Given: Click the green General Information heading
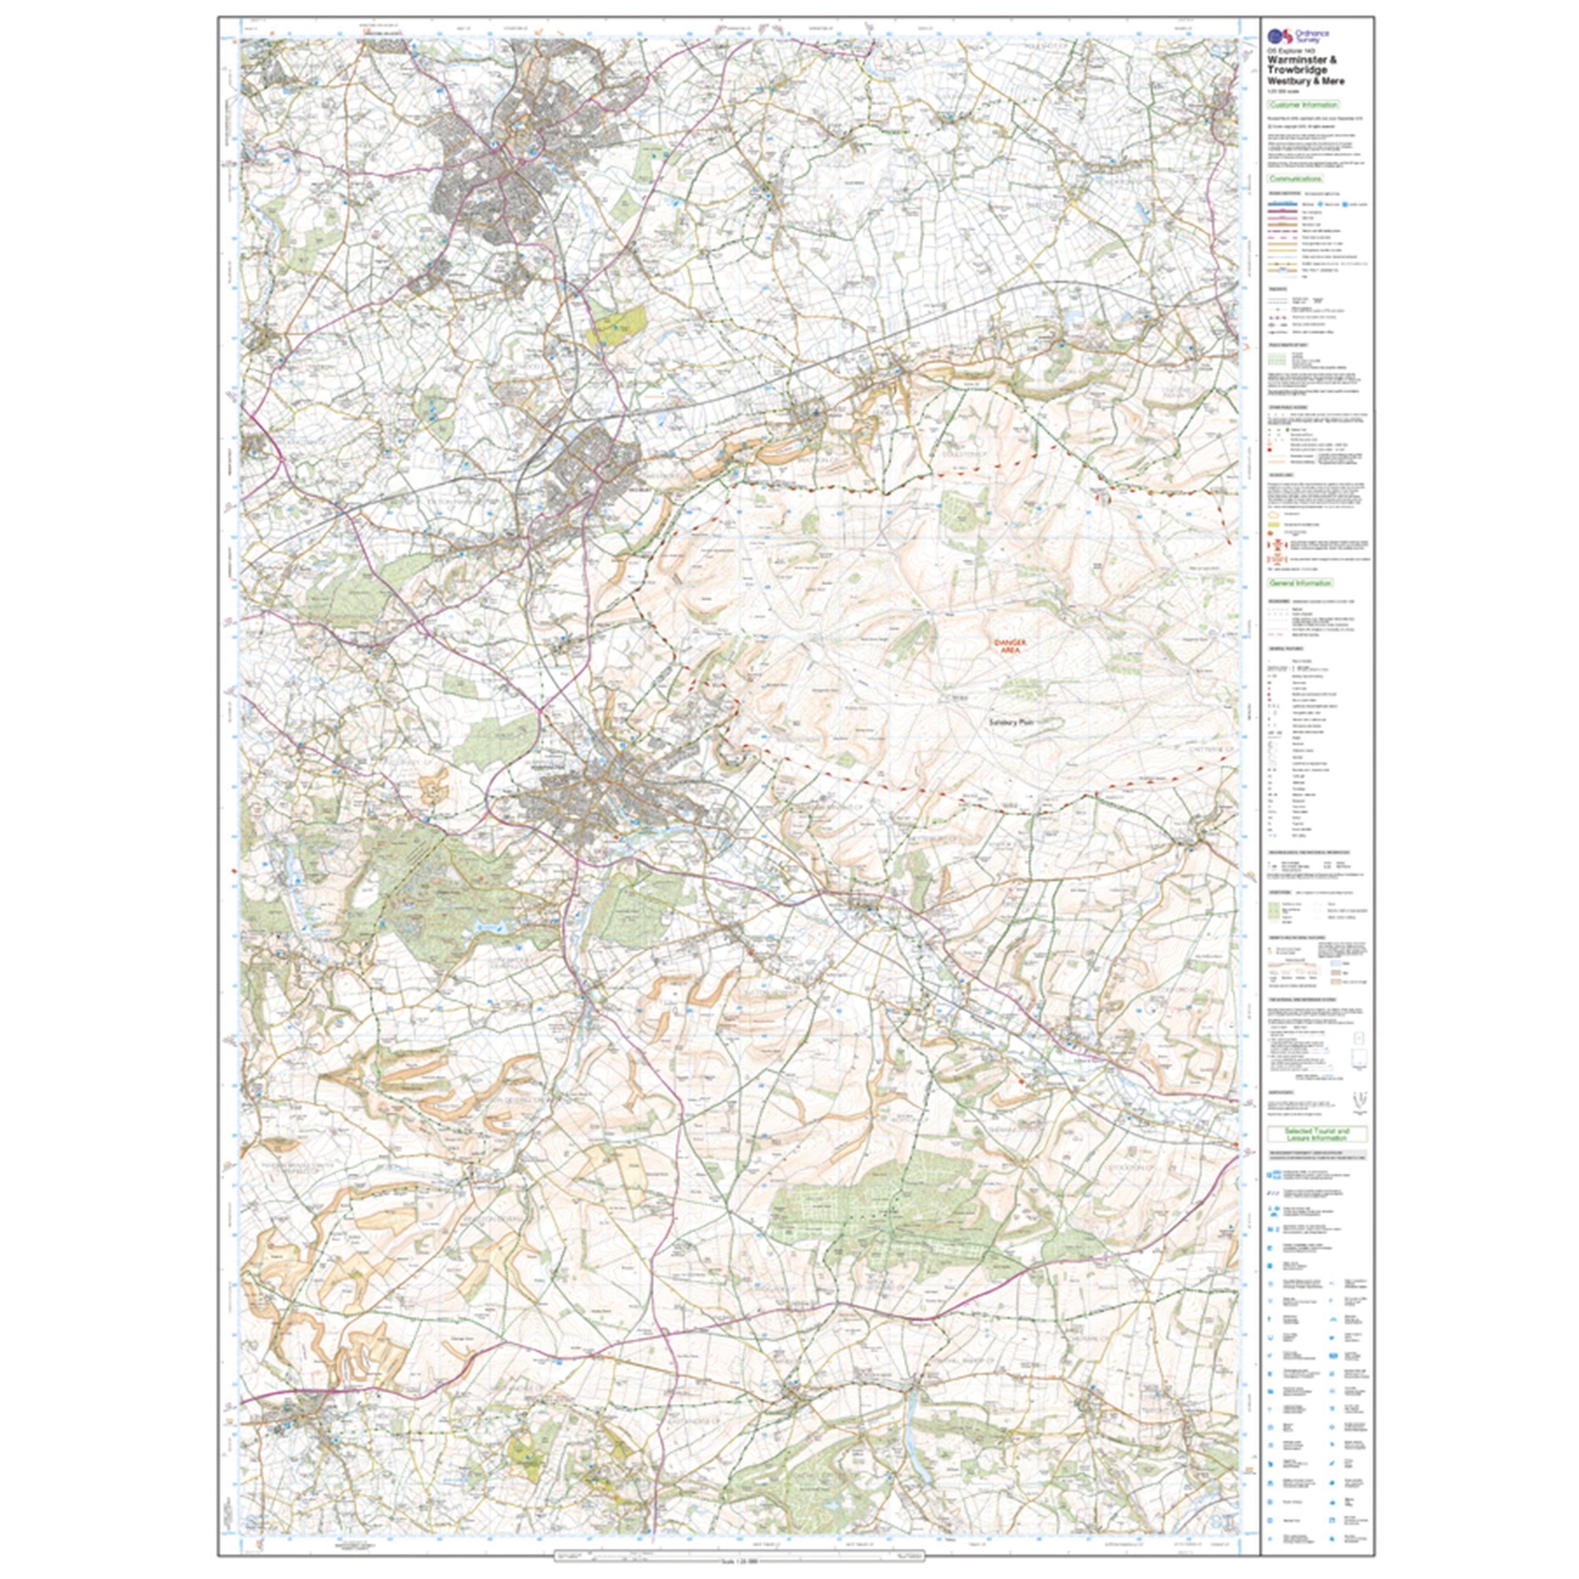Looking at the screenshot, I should click(1300, 583).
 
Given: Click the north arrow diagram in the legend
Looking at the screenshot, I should click(1357, 1100).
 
